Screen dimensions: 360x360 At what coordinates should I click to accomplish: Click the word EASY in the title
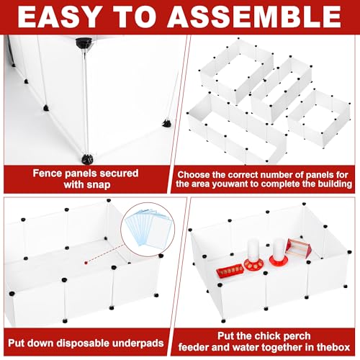point(58,17)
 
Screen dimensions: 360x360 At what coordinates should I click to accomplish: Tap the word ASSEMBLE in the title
point(254,17)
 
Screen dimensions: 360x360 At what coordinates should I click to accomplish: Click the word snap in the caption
point(99,185)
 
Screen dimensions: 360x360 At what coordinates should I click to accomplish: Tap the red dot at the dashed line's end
point(86,263)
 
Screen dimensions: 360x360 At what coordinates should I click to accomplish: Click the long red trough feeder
point(230,271)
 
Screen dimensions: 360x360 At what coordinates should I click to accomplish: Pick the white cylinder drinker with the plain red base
point(279,251)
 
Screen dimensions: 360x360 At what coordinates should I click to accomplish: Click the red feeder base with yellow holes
point(253,264)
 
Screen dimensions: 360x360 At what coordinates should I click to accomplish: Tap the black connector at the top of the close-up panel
point(84,44)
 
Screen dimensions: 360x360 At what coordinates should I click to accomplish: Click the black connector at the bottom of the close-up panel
point(87,159)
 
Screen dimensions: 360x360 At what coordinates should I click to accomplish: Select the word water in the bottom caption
point(246,347)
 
